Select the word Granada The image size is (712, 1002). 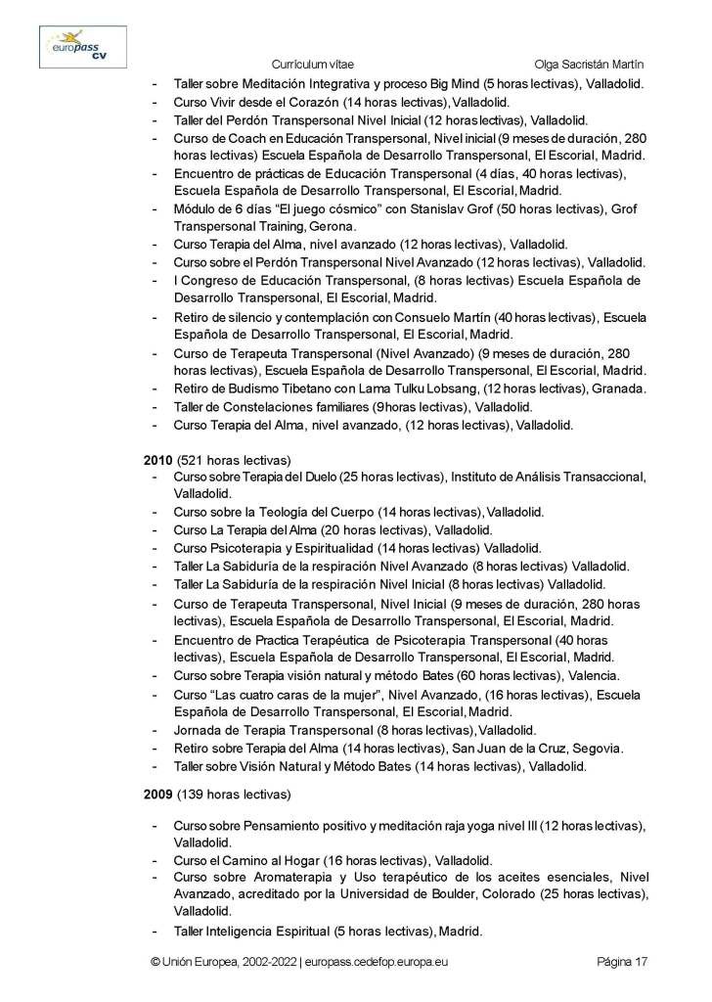[615, 388]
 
